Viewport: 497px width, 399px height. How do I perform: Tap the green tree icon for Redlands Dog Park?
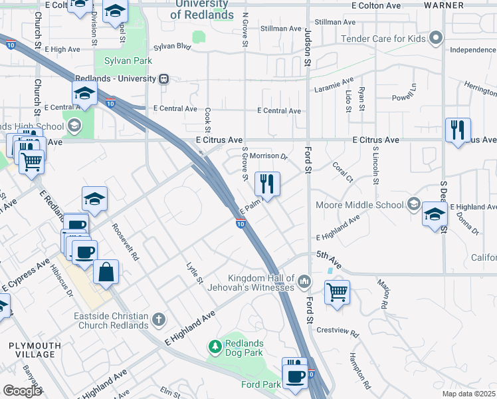click(215, 346)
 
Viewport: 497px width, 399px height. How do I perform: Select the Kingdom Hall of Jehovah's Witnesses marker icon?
click(304, 282)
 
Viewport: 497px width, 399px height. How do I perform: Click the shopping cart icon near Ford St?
click(338, 291)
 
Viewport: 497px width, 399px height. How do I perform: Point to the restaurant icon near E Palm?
click(267, 184)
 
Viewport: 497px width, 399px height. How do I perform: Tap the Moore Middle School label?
click(359, 205)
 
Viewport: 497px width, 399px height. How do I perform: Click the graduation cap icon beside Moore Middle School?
click(435, 215)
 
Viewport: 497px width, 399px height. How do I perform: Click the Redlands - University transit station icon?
click(163, 78)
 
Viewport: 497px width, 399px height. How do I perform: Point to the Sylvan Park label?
click(128, 61)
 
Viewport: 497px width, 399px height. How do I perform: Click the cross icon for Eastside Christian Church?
click(158, 320)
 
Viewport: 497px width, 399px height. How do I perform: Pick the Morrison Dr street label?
click(268, 157)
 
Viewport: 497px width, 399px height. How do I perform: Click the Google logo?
click(22, 391)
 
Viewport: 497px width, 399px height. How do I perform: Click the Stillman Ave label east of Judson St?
click(336, 22)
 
